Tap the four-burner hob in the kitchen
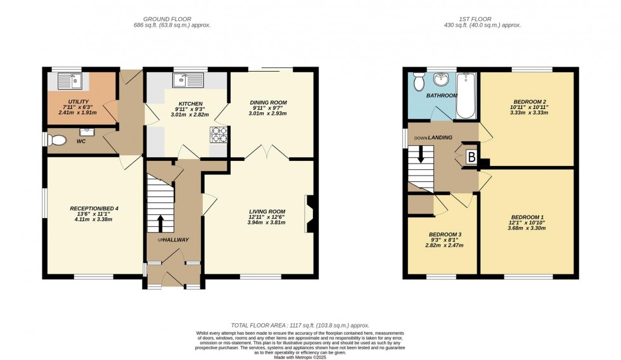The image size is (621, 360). point(219,134)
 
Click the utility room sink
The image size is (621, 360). point(67,80)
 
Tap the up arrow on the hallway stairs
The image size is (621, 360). point(159,224)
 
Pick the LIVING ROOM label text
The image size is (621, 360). point(266,212)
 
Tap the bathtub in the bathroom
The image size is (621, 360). point(466,95)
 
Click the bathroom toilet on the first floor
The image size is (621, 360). point(418,81)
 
